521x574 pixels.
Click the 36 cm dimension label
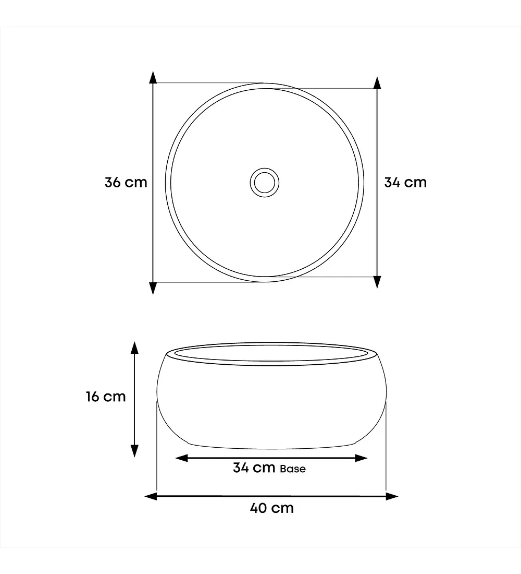pyautogui.click(x=126, y=182)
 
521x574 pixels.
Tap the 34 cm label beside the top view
pyautogui.click(x=405, y=182)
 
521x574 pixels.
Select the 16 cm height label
pyautogui.click(x=106, y=397)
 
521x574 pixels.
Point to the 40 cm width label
pyautogui.click(x=271, y=508)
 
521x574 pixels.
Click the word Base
pyautogui.click(x=292, y=469)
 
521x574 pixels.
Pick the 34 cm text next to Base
pyautogui.click(x=254, y=468)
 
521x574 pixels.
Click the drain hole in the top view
pyautogui.click(x=265, y=182)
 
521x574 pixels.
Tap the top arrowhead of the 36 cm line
pyautogui.click(x=153, y=78)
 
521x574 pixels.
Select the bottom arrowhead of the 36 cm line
pyautogui.click(x=153, y=288)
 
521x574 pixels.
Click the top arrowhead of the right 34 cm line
pyautogui.click(x=377, y=83)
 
